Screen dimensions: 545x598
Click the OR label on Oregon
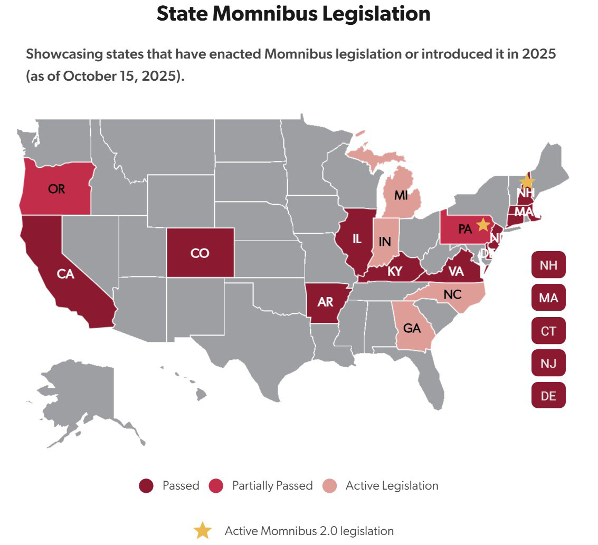pyautogui.click(x=56, y=189)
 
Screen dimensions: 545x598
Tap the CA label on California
pyautogui.click(x=65, y=274)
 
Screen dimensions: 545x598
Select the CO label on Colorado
pyautogui.click(x=200, y=253)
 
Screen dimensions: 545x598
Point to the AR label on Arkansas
pyautogui.click(x=325, y=302)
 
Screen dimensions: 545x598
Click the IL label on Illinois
pyautogui.click(x=356, y=238)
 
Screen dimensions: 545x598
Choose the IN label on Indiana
pyautogui.click(x=385, y=242)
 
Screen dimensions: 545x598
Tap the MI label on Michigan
pyautogui.click(x=401, y=196)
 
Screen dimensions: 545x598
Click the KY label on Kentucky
pyautogui.click(x=395, y=272)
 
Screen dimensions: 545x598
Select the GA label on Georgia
pyautogui.click(x=412, y=328)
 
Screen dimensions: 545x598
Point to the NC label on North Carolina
pyautogui.click(x=452, y=294)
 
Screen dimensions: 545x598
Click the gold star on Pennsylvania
pyautogui.click(x=482, y=224)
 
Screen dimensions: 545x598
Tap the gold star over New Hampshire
pyautogui.click(x=526, y=181)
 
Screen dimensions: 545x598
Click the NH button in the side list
pyautogui.click(x=548, y=265)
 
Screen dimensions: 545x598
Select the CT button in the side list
pyautogui.click(x=548, y=331)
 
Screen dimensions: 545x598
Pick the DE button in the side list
pyautogui.click(x=548, y=395)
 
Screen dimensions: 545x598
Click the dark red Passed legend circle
pyautogui.click(x=146, y=486)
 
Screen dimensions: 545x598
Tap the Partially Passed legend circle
pyautogui.click(x=216, y=486)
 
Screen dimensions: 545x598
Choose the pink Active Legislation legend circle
pyautogui.click(x=330, y=486)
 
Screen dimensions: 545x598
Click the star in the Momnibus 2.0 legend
pyautogui.click(x=203, y=531)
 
